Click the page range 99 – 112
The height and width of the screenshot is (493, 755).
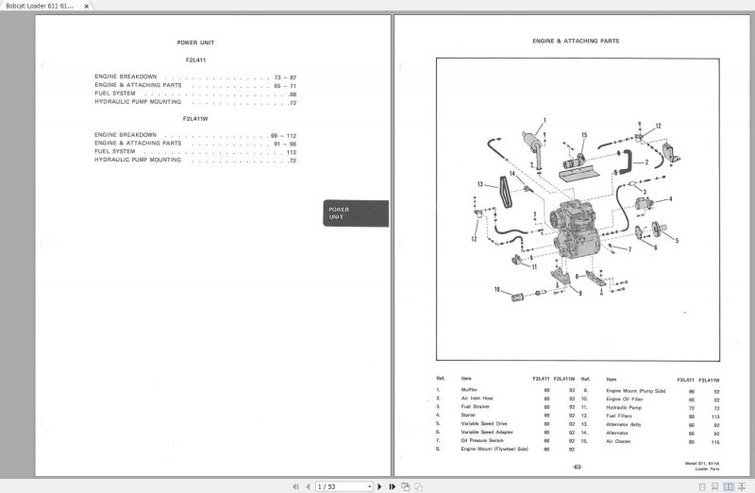pos(283,135)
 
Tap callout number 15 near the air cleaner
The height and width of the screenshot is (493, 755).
pos(584,135)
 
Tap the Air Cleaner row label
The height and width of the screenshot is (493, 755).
pos(619,441)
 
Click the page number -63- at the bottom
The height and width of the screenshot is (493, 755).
pos(577,467)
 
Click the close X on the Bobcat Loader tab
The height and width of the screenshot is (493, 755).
pos(87,6)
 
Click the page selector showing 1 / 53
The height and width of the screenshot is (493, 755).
pos(339,486)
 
